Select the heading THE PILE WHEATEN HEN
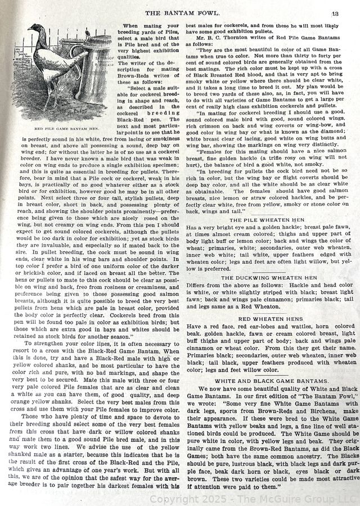(x=267, y=219)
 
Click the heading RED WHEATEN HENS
(x=267, y=319)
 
